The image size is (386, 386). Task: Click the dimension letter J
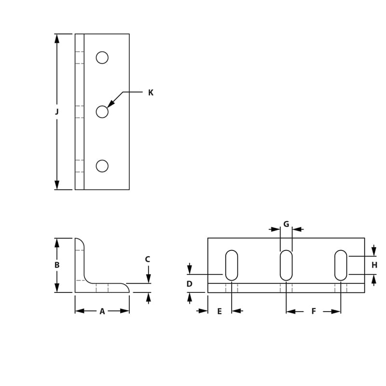tap(57, 111)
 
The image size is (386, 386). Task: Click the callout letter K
tap(151, 93)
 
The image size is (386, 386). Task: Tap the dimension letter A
tap(102, 312)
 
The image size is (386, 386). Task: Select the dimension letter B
tap(57, 265)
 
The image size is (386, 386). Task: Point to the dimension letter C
tap(148, 260)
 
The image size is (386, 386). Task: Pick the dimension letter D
tap(190, 284)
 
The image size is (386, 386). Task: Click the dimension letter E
tap(219, 312)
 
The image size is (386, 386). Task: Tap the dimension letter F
tap(313, 312)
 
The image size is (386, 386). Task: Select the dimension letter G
tap(286, 224)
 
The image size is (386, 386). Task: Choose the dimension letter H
tap(374, 265)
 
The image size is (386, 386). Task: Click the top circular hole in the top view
tap(102, 57)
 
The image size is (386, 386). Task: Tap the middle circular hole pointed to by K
tap(102, 111)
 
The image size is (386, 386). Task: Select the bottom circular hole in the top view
tap(102, 166)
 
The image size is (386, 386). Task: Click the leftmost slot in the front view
tap(232, 265)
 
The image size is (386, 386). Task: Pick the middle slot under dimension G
tap(286, 265)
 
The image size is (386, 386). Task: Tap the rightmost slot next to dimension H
tap(341, 265)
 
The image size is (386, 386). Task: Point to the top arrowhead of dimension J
tap(57, 38)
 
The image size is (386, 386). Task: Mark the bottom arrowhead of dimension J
tap(57, 185)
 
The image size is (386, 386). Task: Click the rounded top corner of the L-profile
tap(81, 242)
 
